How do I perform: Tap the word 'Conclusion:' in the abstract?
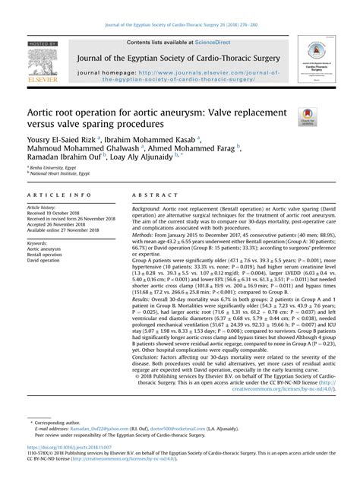(147, 353)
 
